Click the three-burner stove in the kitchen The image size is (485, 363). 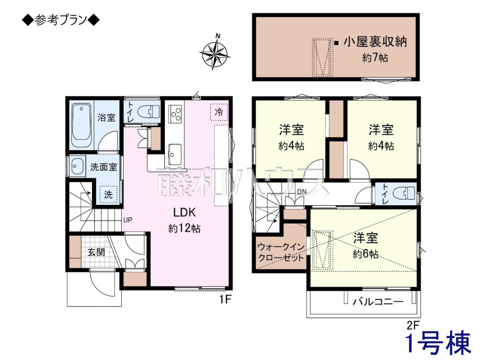coord(175,114)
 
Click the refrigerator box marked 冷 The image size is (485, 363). coord(219,112)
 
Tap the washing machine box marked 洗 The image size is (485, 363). coord(108,194)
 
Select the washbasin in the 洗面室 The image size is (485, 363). coord(77,166)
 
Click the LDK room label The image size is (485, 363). coord(184,213)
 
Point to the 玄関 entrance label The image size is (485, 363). coord(96,252)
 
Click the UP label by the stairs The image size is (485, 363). coord(128,220)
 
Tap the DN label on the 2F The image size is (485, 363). coord(302,192)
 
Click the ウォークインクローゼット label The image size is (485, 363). coord(281,252)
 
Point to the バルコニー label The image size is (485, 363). coord(378,301)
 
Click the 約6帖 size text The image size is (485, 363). coord(365,254)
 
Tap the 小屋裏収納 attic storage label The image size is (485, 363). coord(375,42)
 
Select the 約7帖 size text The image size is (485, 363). coord(375,58)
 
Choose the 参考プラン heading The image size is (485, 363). coord(61,21)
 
